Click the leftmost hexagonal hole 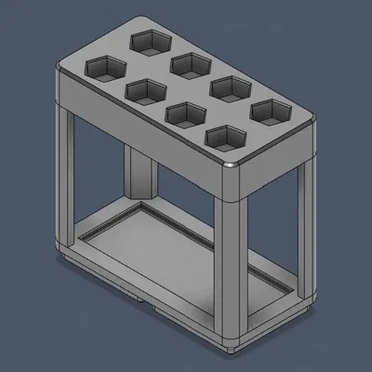pos(105,68)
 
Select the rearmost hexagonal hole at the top pos(149,41)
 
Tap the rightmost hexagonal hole pos(271,112)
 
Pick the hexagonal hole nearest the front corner pos(226,139)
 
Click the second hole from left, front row pos(145,91)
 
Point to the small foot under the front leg pos(232,345)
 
